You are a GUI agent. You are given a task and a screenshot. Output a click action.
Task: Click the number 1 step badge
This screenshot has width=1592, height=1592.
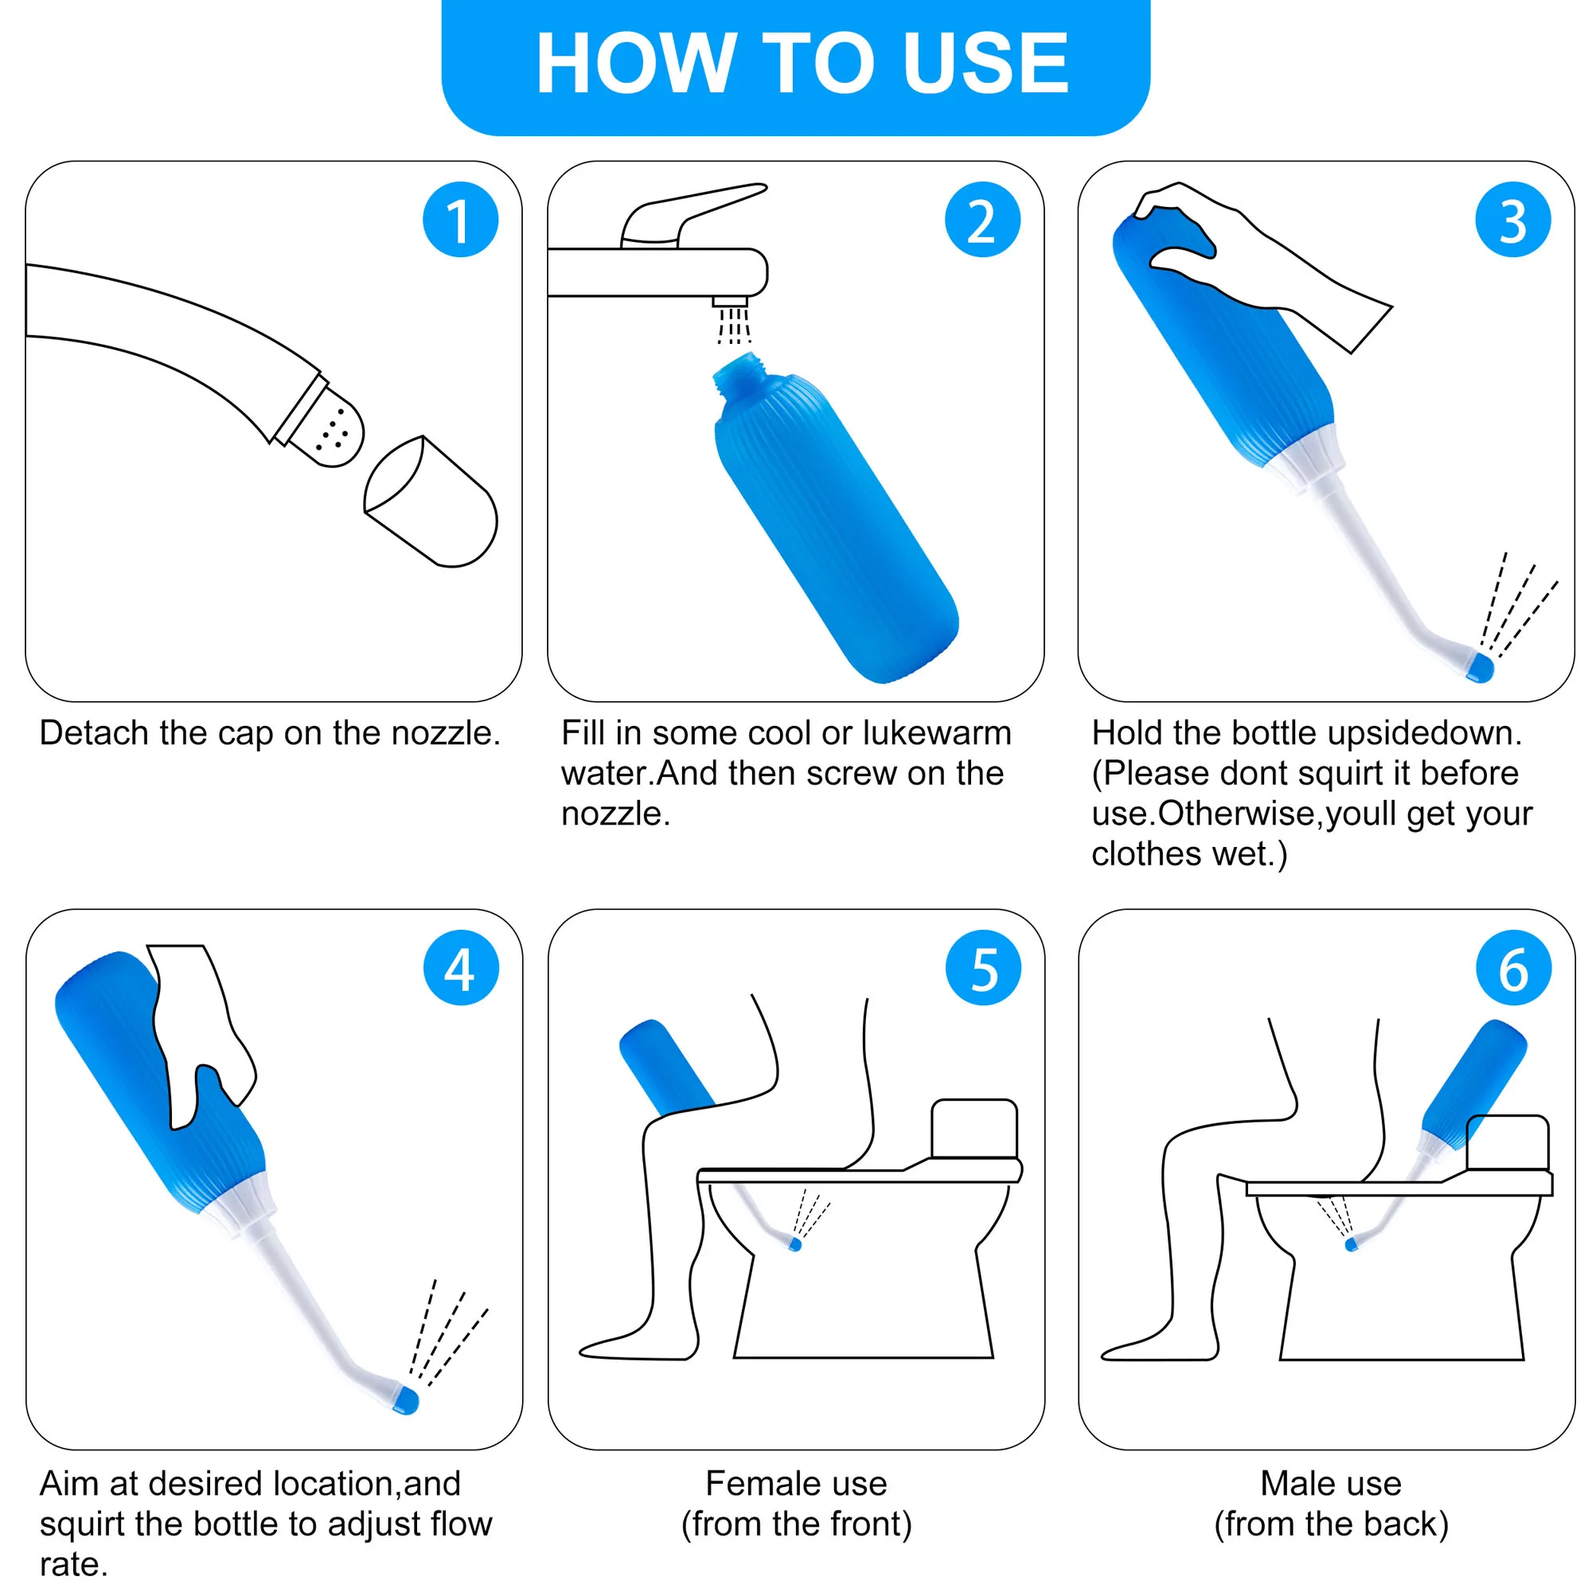click(x=460, y=220)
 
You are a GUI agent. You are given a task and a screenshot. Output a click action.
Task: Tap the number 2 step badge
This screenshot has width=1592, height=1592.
click(x=981, y=220)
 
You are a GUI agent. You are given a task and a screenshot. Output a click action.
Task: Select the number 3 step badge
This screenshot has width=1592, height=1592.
click(x=1512, y=220)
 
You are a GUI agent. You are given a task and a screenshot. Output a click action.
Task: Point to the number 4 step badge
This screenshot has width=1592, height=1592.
click(x=460, y=967)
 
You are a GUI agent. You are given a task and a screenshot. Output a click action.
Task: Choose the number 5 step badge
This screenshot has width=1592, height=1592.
click(x=983, y=967)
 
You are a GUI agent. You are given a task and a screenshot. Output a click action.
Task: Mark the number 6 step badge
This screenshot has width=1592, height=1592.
click(x=1513, y=967)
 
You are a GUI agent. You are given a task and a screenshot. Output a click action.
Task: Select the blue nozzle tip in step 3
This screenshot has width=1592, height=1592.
click(x=1480, y=666)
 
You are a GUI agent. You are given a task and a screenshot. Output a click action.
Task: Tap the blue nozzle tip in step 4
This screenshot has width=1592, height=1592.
click(x=407, y=1400)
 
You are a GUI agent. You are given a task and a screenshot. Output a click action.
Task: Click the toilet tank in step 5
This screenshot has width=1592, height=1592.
click(x=974, y=1128)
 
